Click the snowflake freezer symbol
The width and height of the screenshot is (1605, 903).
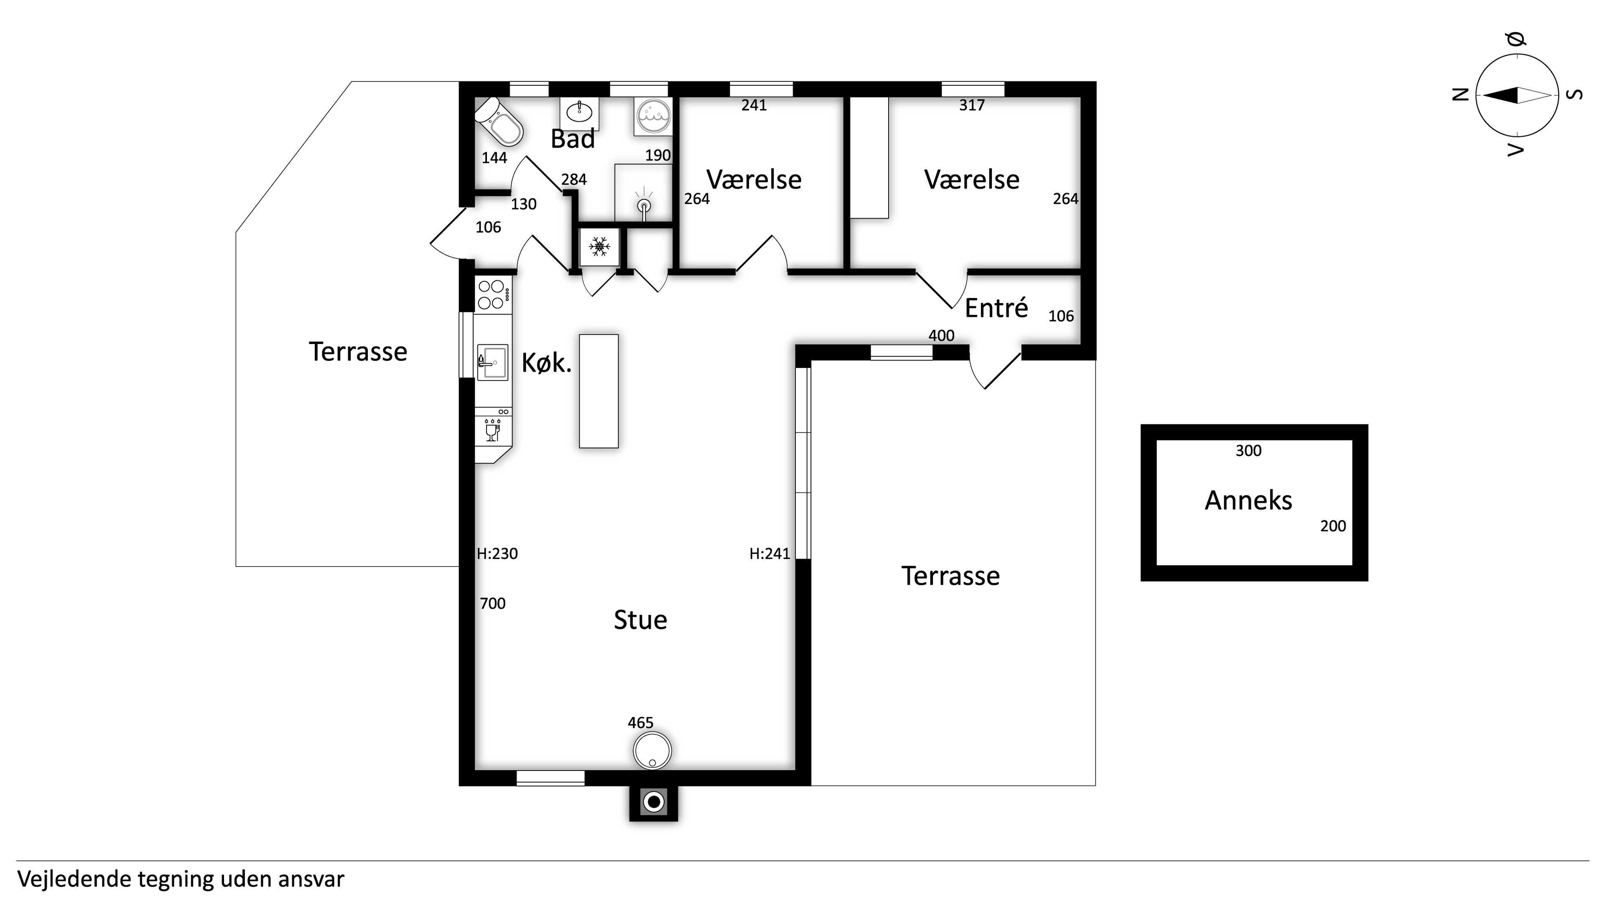599,246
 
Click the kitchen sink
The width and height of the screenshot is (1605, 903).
492,362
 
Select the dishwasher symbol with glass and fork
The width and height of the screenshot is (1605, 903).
493,429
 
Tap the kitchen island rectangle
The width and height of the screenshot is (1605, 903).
599,391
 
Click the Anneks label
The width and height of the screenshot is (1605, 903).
1248,500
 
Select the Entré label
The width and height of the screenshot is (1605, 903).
996,308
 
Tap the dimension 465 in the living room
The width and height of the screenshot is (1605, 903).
640,723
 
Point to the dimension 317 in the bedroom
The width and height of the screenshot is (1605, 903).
972,105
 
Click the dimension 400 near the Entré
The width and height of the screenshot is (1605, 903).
941,336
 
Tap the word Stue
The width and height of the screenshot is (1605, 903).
640,620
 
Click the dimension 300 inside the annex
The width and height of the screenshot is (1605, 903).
1248,451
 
